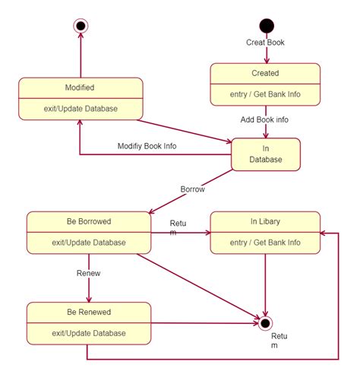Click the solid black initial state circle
pos(266,26)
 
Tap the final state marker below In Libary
pos(265,323)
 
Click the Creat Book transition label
pos(266,43)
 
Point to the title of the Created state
pos(265,73)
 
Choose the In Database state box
pos(265,154)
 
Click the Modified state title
pos(80,87)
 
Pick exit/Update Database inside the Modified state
pos(80,108)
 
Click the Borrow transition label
pos(192,188)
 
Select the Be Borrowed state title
pos(89,222)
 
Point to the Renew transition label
pos(89,271)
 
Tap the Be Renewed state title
pos(89,312)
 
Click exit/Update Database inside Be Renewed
pos(89,332)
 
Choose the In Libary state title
pos(265,222)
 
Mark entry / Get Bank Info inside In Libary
pos(265,243)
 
